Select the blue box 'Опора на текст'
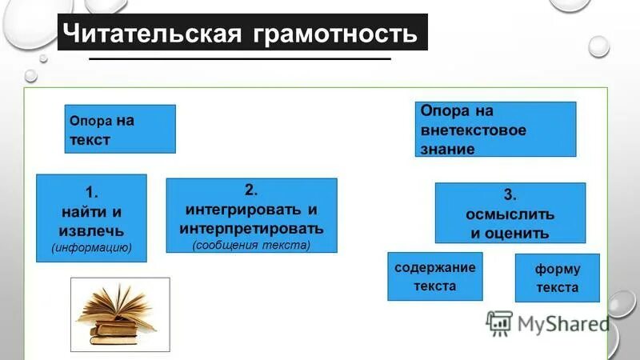119,130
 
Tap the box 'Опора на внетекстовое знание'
495,128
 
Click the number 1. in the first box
91,191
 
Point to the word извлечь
91,230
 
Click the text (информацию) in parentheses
91,247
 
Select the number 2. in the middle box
251,190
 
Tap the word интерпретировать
251,228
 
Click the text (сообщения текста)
251,245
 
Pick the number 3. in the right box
510,194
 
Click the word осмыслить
510,214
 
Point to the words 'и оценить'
510,234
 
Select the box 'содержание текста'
435,276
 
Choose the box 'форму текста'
557,278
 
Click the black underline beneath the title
240,59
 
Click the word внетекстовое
474,130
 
